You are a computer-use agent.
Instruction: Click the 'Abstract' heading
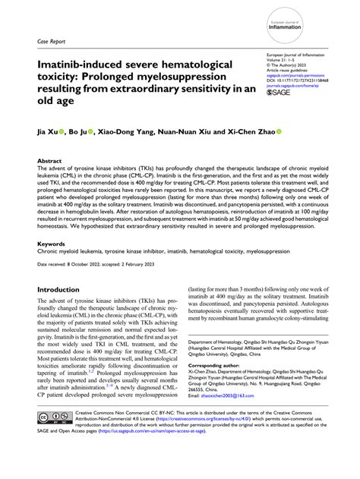50,161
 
